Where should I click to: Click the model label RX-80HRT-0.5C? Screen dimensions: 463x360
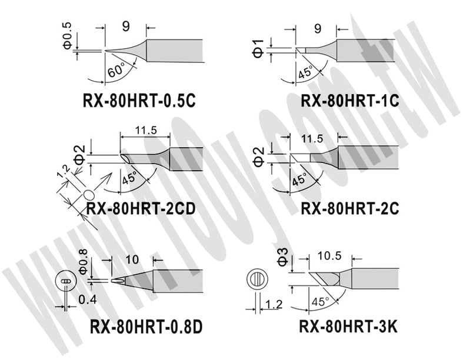[x=139, y=101]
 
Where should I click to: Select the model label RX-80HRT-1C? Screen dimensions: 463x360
[x=350, y=101]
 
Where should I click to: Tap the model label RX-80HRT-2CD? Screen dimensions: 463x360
[x=141, y=209]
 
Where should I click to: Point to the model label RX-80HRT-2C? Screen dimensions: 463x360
[x=350, y=208]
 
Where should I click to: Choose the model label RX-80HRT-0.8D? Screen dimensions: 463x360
[x=146, y=326]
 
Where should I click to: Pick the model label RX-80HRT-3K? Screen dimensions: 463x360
[x=348, y=326]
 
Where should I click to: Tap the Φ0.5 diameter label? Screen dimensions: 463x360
[x=67, y=36]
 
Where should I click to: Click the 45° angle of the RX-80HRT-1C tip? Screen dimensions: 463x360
[x=305, y=72]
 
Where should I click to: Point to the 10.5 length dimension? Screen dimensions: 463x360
[x=329, y=256]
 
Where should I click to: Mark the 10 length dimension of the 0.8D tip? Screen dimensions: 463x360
[x=132, y=259]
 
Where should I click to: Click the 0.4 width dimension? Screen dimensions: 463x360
[x=88, y=300]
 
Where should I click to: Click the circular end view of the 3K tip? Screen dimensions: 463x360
[x=257, y=279]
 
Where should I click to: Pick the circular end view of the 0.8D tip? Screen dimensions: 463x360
[x=66, y=281]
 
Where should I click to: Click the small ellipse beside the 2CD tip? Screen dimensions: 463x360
[x=89, y=195]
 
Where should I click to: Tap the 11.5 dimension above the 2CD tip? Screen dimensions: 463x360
[x=146, y=130]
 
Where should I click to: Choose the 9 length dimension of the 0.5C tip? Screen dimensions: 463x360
[x=126, y=27]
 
